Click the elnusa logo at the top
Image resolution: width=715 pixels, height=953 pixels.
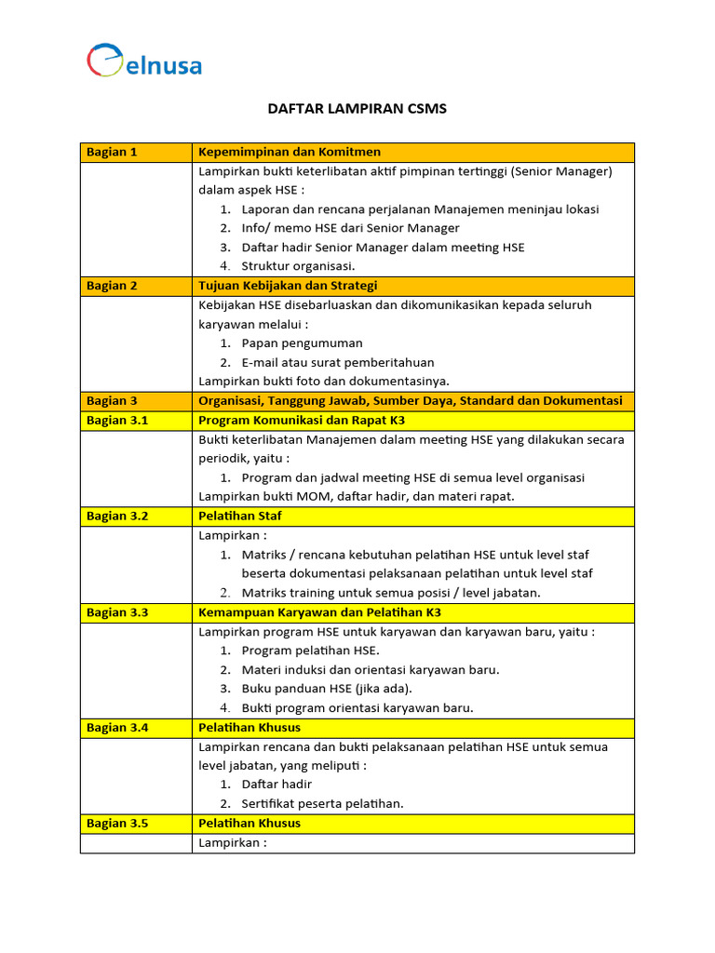pyautogui.click(x=144, y=61)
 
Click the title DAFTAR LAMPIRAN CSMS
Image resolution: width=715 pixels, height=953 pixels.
pyautogui.click(x=357, y=109)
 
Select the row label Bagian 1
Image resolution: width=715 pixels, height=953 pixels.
pyautogui.click(x=112, y=152)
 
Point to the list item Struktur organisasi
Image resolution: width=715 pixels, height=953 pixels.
pyautogui.click(x=298, y=266)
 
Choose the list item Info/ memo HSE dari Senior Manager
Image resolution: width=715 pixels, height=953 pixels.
pyautogui.click(x=350, y=228)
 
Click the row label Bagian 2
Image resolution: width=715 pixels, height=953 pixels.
pyautogui.click(x=112, y=286)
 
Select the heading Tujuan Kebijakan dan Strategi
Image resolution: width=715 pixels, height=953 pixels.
pyautogui.click(x=288, y=286)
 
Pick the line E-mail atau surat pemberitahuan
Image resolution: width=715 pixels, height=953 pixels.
pyautogui.click(x=338, y=362)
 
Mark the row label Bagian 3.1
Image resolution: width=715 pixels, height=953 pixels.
pyautogui.click(x=117, y=420)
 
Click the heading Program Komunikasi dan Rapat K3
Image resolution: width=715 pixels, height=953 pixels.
pyautogui.click(x=302, y=420)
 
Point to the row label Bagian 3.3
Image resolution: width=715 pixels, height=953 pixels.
pyautogui.click(x=117, y=612)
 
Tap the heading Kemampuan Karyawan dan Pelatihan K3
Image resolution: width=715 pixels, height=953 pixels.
pyautogui.click(x=319, y=612)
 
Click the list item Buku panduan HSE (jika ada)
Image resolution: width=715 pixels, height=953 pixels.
pyautogui.click(x=326, y=689)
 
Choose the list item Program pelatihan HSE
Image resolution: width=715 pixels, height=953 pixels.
pyautogui.click(x=310, y=651)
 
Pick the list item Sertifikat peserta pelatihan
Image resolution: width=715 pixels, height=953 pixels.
pyautogui.click(x=322, y=804)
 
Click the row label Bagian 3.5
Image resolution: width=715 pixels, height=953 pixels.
pyautogui.click(x=117, y=824)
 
